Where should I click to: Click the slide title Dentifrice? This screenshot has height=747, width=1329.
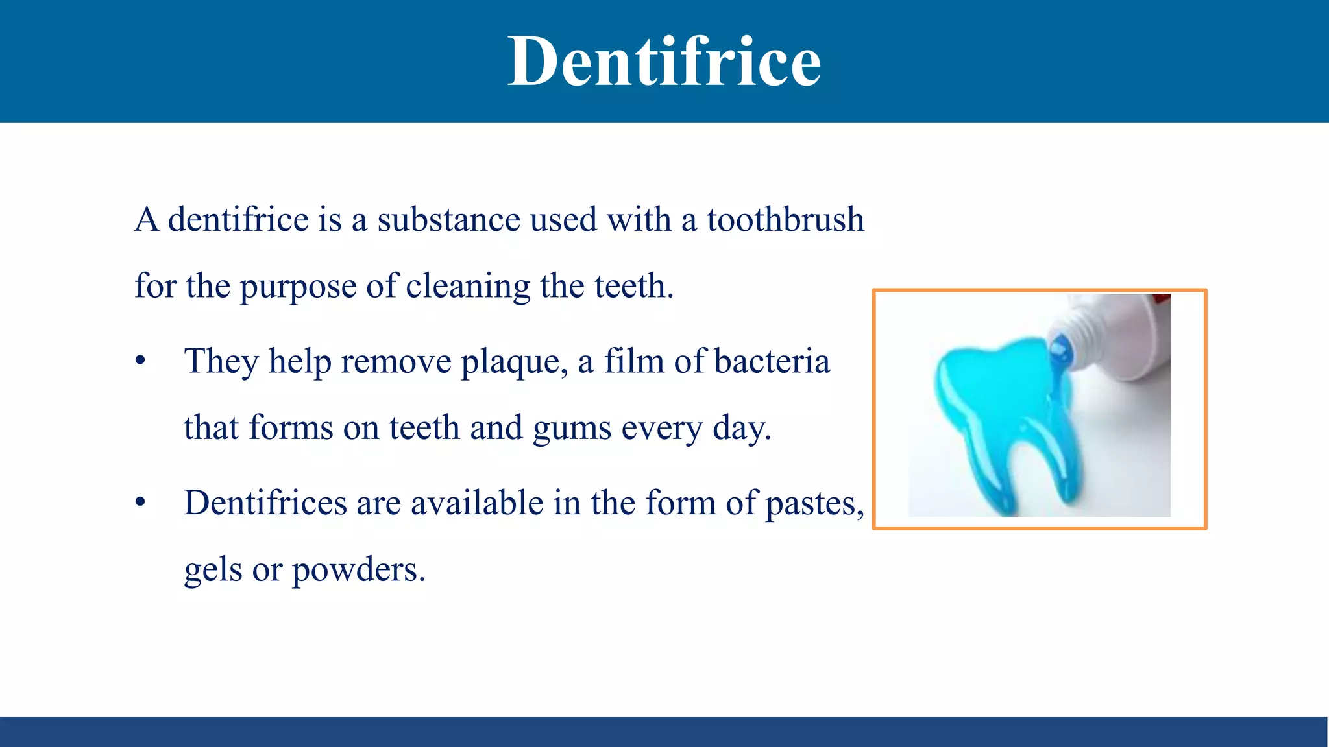[x=664, y=62]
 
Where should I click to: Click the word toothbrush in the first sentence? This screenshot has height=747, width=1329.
[x=785, y=220]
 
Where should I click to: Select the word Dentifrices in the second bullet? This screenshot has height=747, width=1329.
[x=265, y=503]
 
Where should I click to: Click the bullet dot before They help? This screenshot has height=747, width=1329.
[x=140, y=361]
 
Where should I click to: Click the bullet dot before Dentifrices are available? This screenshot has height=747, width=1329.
[x=140, y=503]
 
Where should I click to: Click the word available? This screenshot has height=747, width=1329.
[x=477, y=503]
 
